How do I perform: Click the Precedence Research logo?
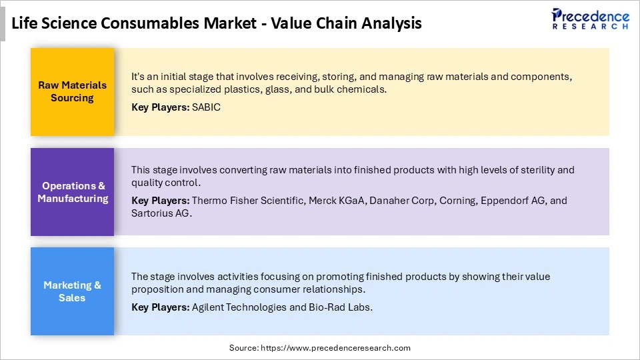590,19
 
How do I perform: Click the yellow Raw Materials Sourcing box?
72,91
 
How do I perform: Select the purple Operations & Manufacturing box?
72,192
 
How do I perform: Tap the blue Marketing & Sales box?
72,291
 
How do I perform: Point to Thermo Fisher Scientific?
247,201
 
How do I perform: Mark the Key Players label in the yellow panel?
160,107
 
